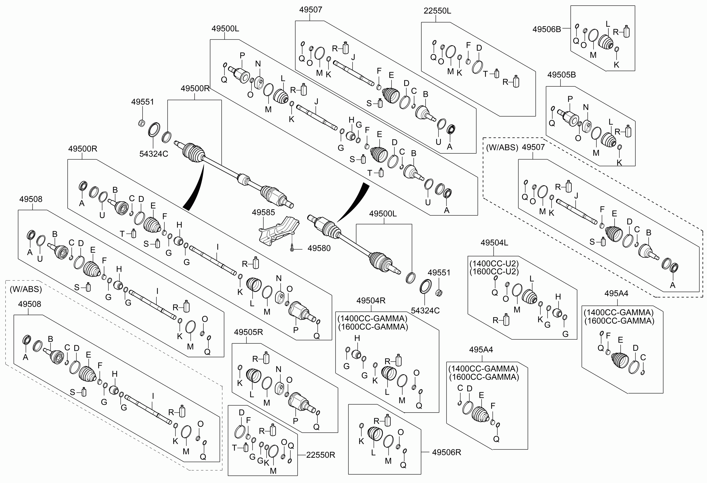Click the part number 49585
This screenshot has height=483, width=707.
263,212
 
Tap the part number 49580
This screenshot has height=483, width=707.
319,249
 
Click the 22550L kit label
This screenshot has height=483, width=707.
437,11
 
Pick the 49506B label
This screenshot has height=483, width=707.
547,29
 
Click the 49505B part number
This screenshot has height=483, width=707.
562,75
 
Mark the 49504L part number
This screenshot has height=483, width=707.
494,243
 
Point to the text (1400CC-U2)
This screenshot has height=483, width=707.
494,263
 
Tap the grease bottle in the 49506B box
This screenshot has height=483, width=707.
626,31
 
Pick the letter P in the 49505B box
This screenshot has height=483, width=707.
570,99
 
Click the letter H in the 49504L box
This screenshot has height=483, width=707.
558,297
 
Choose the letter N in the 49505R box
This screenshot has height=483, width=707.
278,369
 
